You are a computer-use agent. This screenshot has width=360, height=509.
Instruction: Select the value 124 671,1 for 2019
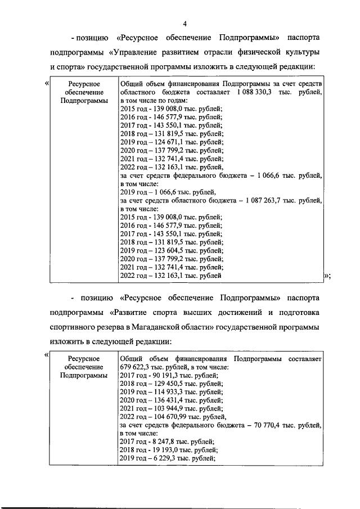168,142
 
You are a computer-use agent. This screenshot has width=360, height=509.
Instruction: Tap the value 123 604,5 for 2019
168,250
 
